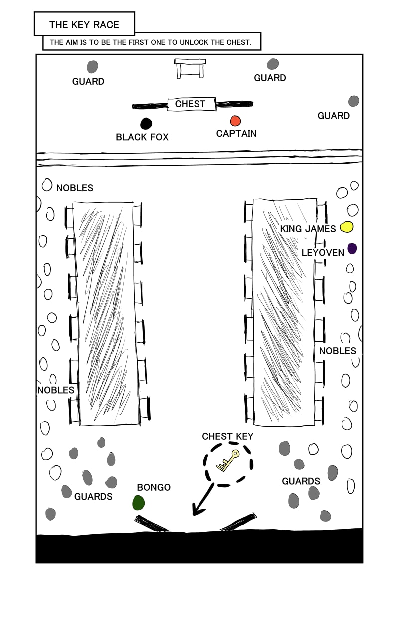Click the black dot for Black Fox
click(146, 123)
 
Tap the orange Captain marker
click(235, 121)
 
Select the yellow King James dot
click(347, 227)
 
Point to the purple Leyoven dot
click(352, 248)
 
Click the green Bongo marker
click(139, 503)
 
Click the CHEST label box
click(190, 104)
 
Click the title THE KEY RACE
click(84, 25)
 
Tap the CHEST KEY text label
click(227, 436)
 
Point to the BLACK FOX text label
click(142, 137)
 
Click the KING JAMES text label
click(308, 229)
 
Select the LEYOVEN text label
click(323, 253)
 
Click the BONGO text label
click(154, 487)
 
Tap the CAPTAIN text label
click(236, 133)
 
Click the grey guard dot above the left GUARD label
click(92, 66)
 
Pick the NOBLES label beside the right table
click(337, 351)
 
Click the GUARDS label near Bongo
click(93, 496)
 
